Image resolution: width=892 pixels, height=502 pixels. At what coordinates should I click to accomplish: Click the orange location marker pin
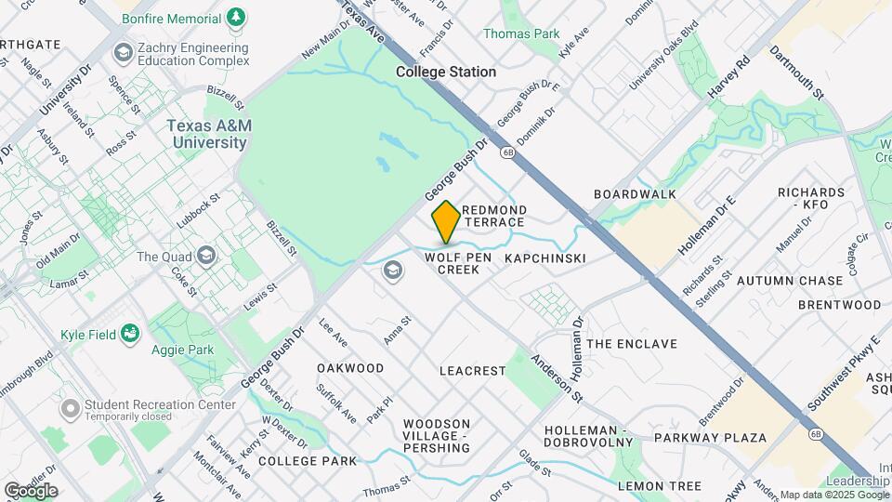point(446,222)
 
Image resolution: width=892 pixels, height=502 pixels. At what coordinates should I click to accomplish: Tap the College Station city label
point(446,72)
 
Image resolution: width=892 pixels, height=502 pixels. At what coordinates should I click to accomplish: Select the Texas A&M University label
point(207,134)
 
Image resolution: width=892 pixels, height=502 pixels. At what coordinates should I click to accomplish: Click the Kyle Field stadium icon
point(130,333)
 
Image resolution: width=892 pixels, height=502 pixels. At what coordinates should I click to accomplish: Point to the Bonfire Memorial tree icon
point(237,18)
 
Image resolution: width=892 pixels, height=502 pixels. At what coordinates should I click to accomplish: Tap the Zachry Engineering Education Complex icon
point(122,53)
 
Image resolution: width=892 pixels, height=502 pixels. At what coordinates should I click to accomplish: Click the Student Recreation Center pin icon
point(70,408)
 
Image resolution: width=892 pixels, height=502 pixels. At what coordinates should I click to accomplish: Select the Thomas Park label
point(521,34)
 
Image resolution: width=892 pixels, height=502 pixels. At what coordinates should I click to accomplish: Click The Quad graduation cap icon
point(205,257)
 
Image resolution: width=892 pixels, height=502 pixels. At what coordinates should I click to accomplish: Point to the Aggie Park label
point(182,350)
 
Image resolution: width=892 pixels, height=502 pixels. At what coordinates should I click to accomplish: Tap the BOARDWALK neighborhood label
point(635,194)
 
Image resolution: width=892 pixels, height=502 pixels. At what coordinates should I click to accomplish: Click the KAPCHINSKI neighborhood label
point(545,258)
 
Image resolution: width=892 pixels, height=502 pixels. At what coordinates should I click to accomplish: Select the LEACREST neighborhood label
point(472,371)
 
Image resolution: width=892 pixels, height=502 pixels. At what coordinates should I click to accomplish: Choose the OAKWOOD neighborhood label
point(350,368)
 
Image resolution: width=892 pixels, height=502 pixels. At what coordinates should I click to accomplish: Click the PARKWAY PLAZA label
point(710,438)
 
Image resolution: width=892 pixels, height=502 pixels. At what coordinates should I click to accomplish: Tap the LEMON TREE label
point(659,486)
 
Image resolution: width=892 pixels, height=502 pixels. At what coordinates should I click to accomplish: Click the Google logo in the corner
point(31,491)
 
